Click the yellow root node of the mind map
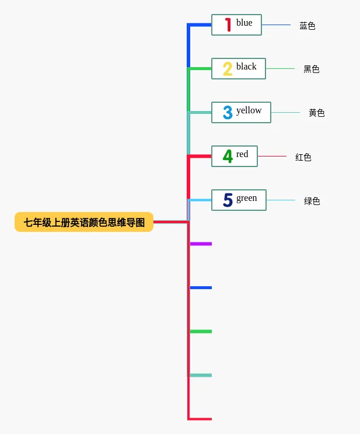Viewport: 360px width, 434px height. click(84, 222)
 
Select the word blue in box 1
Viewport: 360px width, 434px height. click(244, 23)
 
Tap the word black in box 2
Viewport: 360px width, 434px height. click(246, 67)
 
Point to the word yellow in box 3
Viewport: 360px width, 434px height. click(249, 110)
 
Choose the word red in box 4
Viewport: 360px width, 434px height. click(242, 154)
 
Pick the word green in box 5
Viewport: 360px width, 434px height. click(246, 198)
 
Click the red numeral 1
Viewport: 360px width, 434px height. click(228, 25)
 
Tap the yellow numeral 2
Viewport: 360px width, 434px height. click(228, 69)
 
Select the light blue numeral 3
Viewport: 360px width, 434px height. click(228, 113)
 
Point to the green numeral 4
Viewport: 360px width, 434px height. click(228, 157)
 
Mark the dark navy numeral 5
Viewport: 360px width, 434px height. click(228, 200)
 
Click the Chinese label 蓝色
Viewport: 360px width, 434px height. click(307, 26)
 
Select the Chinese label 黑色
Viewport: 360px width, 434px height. click(312, 69)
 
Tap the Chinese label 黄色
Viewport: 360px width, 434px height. click(317, 113)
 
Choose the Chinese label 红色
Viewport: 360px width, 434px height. click(303, 157)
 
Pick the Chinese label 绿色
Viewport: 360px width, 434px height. click(312, 201)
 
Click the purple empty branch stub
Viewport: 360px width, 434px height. click(201, 244)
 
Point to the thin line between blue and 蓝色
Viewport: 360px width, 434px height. click(276, 25)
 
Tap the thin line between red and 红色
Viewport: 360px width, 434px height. click(272, 156)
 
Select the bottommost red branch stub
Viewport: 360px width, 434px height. click(200, 419)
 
